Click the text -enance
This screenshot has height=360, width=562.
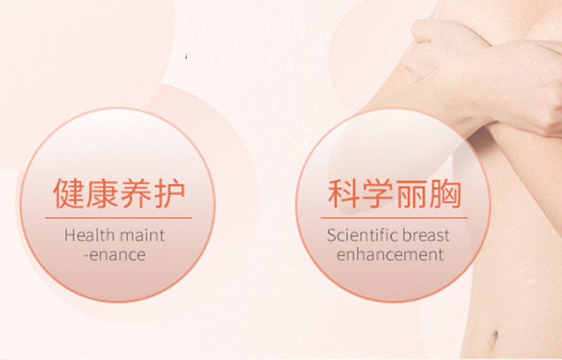114,254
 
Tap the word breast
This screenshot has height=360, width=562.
426,235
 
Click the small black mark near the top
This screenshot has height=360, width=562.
186,56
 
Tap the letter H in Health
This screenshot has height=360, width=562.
69,235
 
